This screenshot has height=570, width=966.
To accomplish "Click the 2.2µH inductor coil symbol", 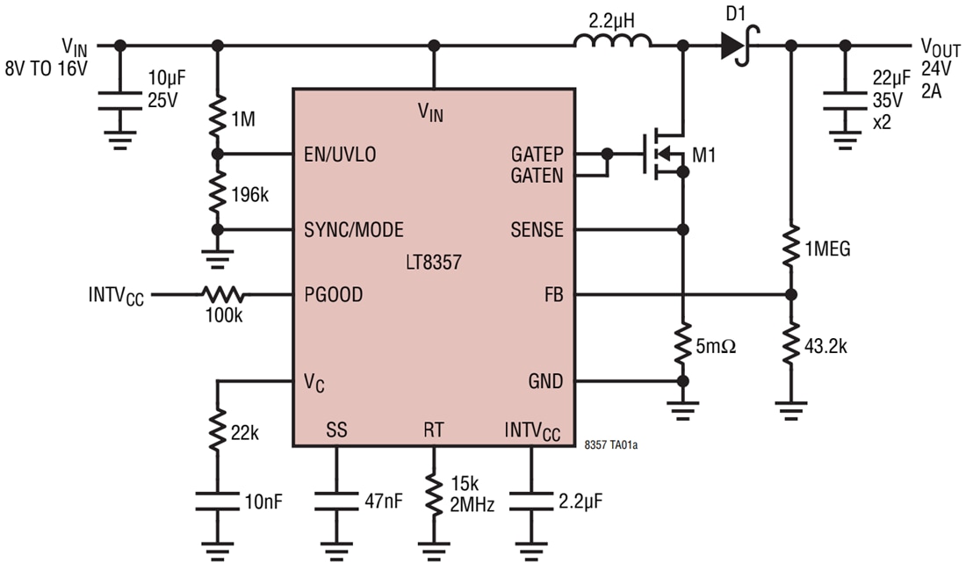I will [613, 40].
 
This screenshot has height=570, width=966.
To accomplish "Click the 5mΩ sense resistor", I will [683, 345].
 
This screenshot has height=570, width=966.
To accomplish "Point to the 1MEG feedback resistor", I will [790, 249].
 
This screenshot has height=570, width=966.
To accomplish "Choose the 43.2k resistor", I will [790, 344].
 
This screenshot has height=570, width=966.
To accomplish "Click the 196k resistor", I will [218, 193].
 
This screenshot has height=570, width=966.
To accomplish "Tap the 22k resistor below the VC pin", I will [217, 432].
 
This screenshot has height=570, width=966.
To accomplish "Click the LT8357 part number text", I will [434, 262].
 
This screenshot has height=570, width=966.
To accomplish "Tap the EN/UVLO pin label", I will [340, 155].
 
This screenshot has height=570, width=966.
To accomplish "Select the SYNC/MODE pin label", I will [353, 230].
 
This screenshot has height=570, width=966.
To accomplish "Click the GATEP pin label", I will [537, 155].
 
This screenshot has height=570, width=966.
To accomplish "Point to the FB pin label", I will [553, 295].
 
